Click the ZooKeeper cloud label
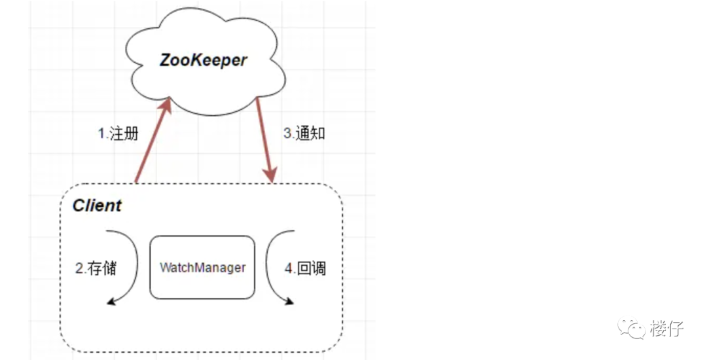tap(204, 60)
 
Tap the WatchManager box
tap(202, 267)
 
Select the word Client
tap(97, 206)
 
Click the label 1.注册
tap(118, 134)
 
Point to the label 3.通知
tap(304, 134)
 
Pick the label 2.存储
tap(96, 268)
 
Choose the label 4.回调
tap(305, 268)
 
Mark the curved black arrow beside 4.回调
tap(271, 265)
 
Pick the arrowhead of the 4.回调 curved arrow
tap(288, 300)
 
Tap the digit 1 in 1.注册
tap(101, 134)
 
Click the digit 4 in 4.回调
tap(289, 268)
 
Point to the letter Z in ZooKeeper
tap(168, 60)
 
